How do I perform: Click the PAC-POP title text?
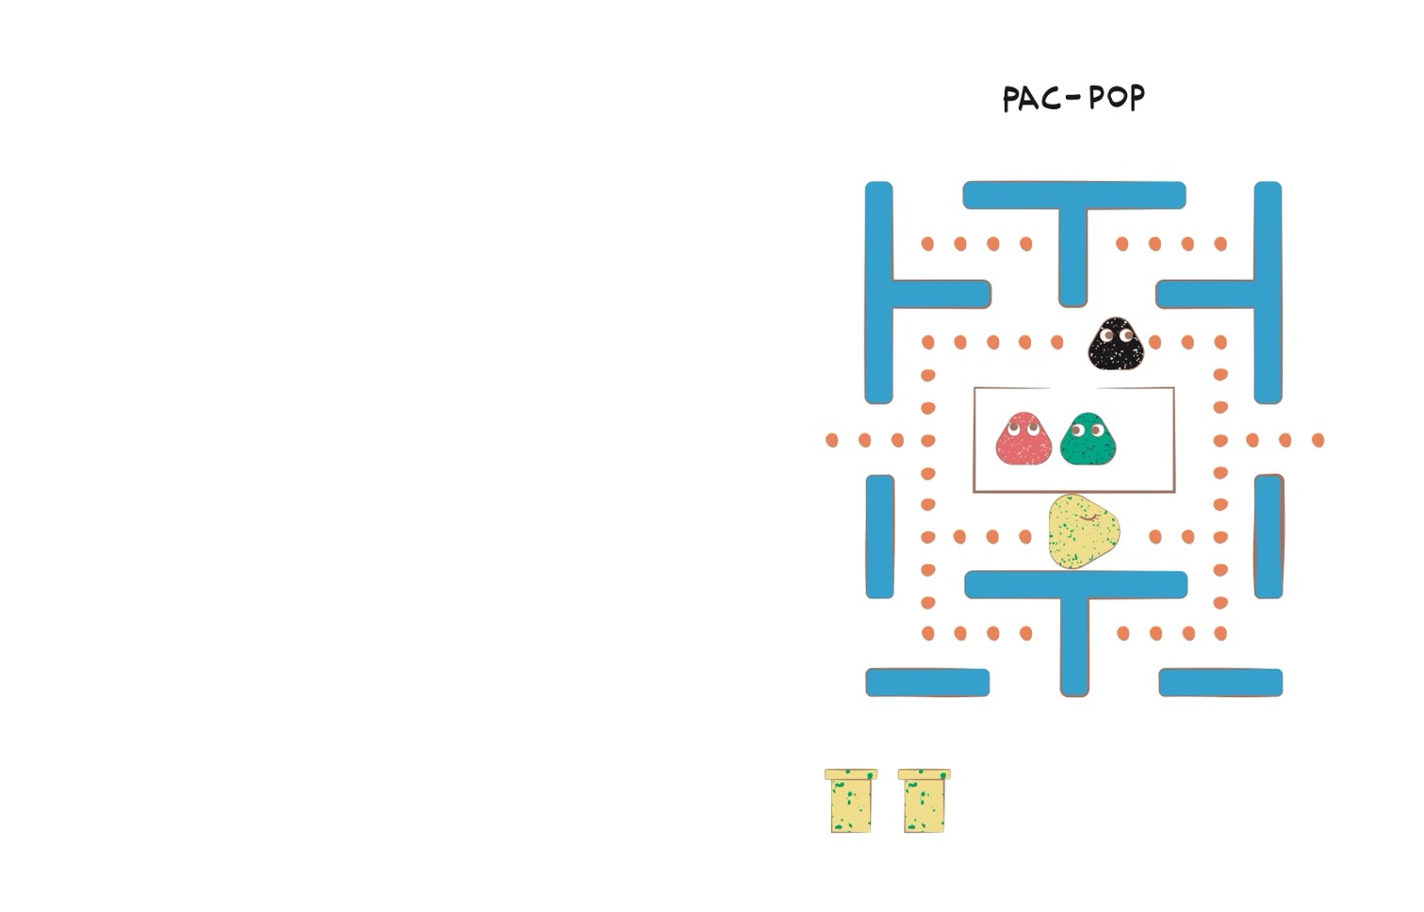[x=1073, y=99]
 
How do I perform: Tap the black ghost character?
[x=1116, y=343]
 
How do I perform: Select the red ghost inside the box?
[x=1023, y=438]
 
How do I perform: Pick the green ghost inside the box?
[x=1088, y=438]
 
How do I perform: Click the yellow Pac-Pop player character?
[x=1084, y=531]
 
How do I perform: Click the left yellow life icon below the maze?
[x=851, y=800]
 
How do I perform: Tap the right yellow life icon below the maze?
[x=925, y=800]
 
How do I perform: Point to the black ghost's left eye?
[x=1106, y=334]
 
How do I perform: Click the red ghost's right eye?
[x=1033, y=430]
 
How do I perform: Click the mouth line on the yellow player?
[x=1089, y=519]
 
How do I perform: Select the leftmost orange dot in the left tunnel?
[x=831, y=440]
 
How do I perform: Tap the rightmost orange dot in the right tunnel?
[x=1318, y=440]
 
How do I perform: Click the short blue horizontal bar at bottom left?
[x=927, y=682]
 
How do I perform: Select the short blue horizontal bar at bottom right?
[x=1220, y=682]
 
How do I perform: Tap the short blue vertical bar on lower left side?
[x=880, y=537]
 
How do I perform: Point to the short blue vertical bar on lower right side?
[x=1269, y=537]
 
